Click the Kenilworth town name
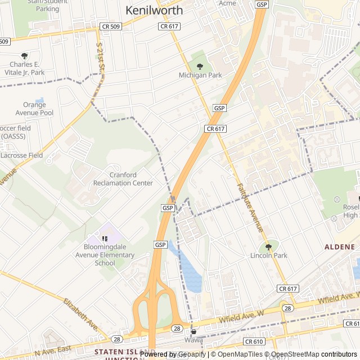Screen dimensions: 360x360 pos(154,10)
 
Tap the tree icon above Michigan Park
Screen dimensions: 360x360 pos(200,66)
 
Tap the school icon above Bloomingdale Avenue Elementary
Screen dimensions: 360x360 pos(105,238)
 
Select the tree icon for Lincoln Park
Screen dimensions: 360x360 pos(268,246)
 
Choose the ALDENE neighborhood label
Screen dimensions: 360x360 pos(340,247)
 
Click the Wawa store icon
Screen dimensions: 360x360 pos(193,332)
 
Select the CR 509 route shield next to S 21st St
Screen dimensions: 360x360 pos(111,26)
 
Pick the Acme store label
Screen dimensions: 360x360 pos(227,3)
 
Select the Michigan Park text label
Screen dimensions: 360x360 pos(200,75)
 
